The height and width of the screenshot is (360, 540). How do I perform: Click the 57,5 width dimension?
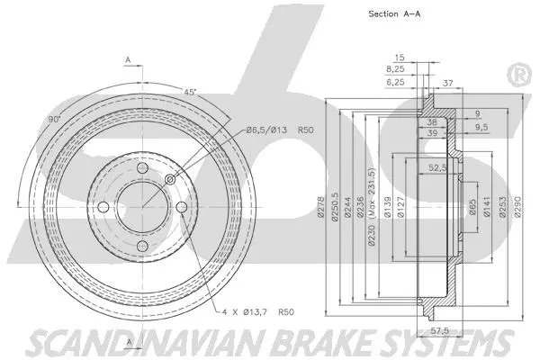pos(437,331)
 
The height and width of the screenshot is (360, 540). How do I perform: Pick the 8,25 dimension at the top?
pos(394,67)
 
